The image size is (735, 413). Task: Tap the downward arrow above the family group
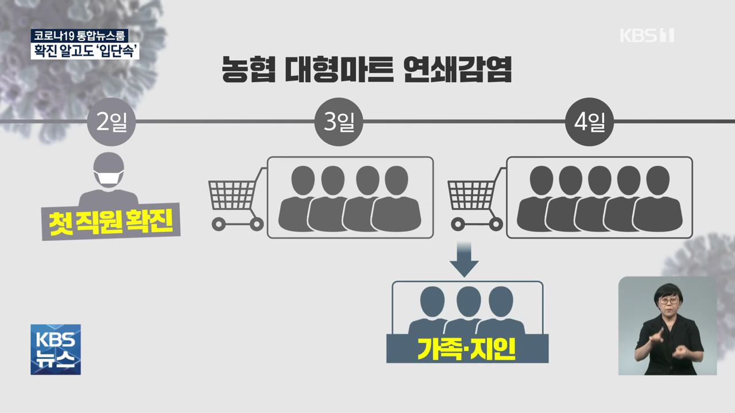(x=463, y=259)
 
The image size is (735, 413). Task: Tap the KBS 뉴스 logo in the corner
(x=56, y=349)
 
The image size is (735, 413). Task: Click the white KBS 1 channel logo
(x=647, y=35)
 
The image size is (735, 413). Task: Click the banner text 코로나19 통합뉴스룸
(x=80, y=35)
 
